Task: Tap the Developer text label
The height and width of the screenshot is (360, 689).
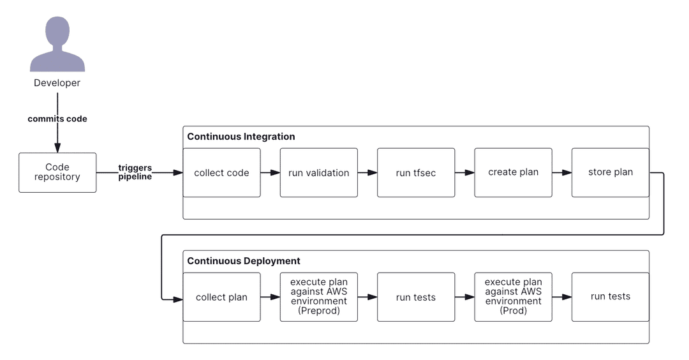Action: click(x=57, y=83)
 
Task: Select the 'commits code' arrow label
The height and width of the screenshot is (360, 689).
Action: click(x=57, y=119)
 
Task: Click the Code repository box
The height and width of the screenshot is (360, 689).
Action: click(x=57, y=172)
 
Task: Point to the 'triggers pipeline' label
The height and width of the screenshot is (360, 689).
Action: click(x=135, y=172)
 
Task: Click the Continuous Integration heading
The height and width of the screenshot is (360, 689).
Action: click(x=241, y=137)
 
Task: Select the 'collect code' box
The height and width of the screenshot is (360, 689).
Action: click(x=221, y=172)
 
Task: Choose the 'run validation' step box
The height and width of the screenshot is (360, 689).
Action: click(x=318, y=172)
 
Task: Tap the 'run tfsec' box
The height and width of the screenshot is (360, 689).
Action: click(x=416, y=172)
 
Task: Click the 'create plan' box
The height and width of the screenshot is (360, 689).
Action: click(x=513, y=172)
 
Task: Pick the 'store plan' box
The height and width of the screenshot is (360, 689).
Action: click(x=610, y=172)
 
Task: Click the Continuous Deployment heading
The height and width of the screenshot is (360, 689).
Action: click(x=243, y=261)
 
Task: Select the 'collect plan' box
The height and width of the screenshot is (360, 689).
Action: click(x=221, y=297)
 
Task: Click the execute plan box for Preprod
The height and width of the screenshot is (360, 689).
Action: click(x=318, y=297)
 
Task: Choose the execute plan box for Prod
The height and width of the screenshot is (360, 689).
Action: click(x=513, y=297)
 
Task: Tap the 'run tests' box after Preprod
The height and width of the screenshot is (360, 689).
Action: click(x=416, y=297)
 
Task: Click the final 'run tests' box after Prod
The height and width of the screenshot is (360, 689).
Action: click(x=610, y=297)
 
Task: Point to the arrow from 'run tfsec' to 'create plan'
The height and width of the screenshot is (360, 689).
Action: click(x=464, y=172)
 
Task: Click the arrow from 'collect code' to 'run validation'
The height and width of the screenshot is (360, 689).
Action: click(x=270, y=172)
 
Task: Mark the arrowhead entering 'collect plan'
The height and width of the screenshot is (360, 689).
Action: click(x=178, y=299)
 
